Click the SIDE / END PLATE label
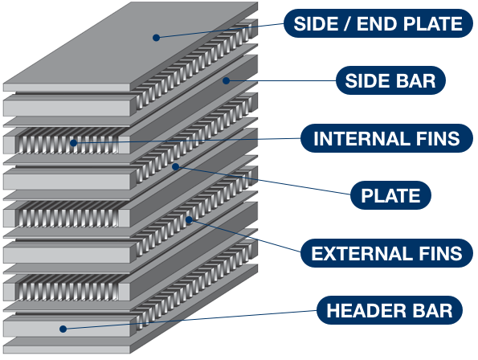pyautogui.click(x=378, y=23)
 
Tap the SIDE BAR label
pyautogui.click(x=390, y=80)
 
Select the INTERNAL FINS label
pyautogui.click(x=387, y=138)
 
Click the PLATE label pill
pyautogui.click(x=390, y=195)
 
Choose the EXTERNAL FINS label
pyautogui.click(x=387, y=253)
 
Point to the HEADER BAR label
pyautogui.click(x=390, y=310)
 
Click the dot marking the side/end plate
pyautogui.click(x=156, y=38)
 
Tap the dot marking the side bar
pyautogui.click(x=226, y=81)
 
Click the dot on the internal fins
pyautogui.click(x=73, y=143)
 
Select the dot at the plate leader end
pyautogui.click(x=176, y=166)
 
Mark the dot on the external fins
pyautogui.click(x=189, y=220)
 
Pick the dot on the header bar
pyautogui.click(x=63, y=329)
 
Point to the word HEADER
pyautogui.click(x=366, y=311)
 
